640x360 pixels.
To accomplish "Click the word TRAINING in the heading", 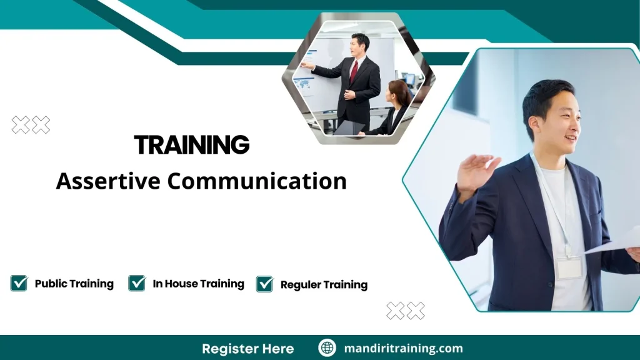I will pos(192,146).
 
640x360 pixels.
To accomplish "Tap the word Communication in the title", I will pos(257,181).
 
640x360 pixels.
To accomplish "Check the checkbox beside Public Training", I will pos(19,283).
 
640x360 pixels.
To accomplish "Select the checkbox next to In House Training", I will pos(137,283).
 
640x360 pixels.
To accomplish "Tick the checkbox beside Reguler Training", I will pos(265,284).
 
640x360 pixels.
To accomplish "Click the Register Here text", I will pos(247,348).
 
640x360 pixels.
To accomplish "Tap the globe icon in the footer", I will pos(327,348).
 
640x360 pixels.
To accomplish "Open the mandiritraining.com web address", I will pos(404,348).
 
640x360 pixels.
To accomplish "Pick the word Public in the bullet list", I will pos(51,284).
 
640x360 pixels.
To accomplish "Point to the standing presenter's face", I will pos(359,46).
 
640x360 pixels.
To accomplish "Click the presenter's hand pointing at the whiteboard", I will pos(307,64).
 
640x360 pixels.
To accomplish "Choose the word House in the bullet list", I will pos(185,284).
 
